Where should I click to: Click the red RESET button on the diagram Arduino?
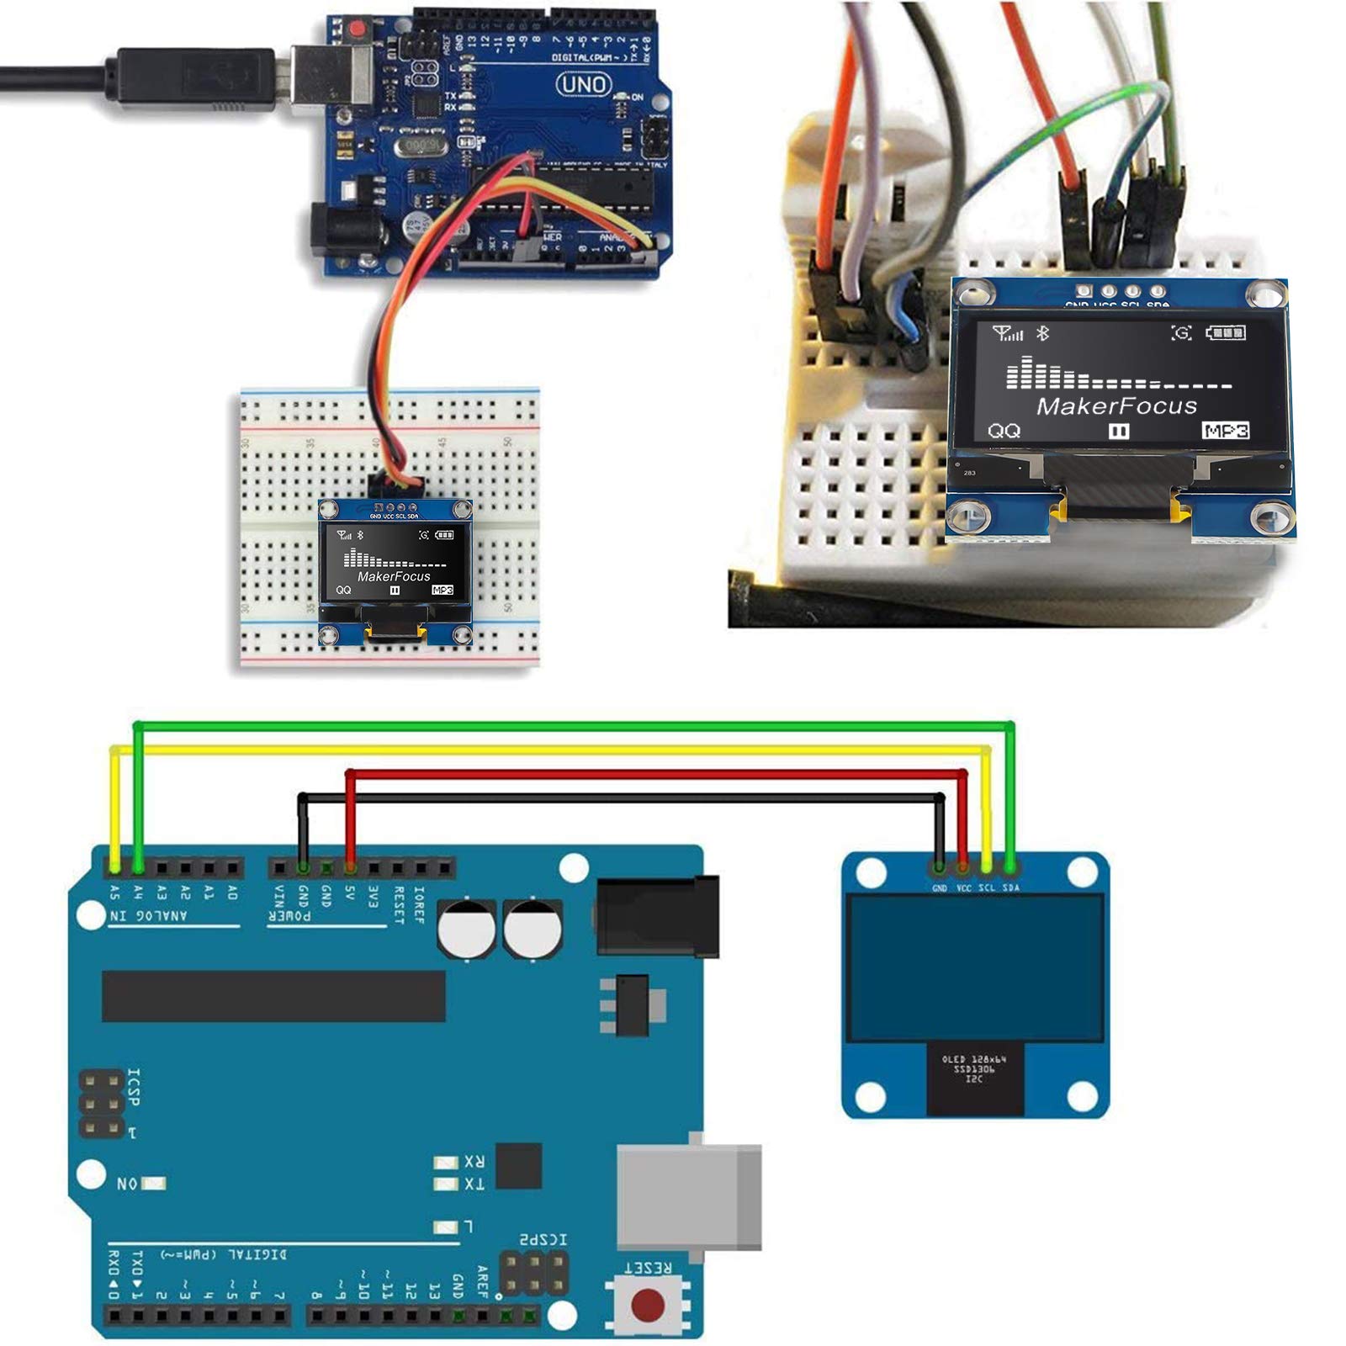[x=647, y=1305]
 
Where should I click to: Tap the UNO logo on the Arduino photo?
[x=584, y=84]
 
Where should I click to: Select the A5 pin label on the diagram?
[x=114, y=893]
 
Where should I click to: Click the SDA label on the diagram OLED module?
[x=1010, y=888]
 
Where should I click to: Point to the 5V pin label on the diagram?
[x=350, y=893]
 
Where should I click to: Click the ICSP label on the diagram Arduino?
[x=133, y=1087]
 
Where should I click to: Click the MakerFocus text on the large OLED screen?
[x=1116, y=406]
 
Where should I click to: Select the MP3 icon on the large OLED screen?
[x=1225, y=431]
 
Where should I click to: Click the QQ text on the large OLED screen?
[x=1004, y=431]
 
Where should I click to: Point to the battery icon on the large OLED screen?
[x=1226, y=333]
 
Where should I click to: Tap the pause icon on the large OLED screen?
[x=1118, y=432]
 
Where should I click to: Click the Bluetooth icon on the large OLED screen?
[x=1043, y=333]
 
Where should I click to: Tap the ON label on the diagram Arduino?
[x=127, y=1184]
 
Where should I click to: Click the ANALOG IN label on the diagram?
[x=149, y=915]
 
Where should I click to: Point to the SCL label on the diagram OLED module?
[x=987, y=888]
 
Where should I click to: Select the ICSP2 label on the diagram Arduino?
[x=543, y=1239]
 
